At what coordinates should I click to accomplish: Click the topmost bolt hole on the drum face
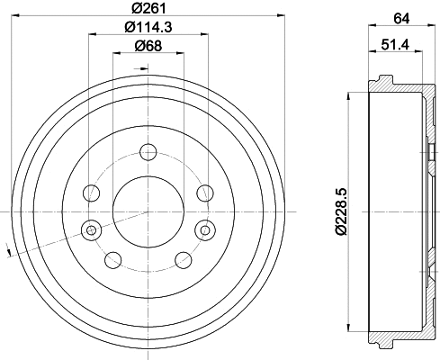(147, 154)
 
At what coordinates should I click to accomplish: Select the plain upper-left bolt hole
(90, 192)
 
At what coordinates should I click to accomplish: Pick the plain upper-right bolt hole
(204, 192)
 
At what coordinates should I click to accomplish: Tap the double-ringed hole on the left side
(89, 229)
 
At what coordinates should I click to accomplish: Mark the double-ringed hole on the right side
(205, 229)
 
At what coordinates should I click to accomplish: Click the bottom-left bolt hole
(113, 260)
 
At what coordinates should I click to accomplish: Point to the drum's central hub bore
(147, 211)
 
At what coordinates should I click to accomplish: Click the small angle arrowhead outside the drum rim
(8, 255)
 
